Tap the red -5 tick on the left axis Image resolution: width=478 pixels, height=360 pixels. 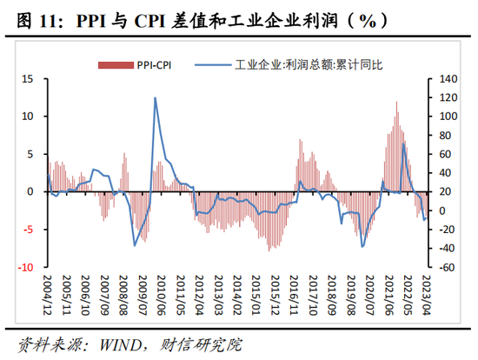click(x=28, y=230)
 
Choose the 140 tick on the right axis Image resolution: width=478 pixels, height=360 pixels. click(x=445, y=78)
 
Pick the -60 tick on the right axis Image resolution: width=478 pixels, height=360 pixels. click(x=445, y=267)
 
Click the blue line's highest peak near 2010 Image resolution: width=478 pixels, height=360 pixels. click(x=156, y=97)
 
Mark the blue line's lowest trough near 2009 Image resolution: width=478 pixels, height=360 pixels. click(x=134, y=246)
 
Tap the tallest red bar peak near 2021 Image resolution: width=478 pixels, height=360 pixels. click(x=396, y=103)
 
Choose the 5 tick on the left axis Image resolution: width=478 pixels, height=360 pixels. click(x=30, y=154)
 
